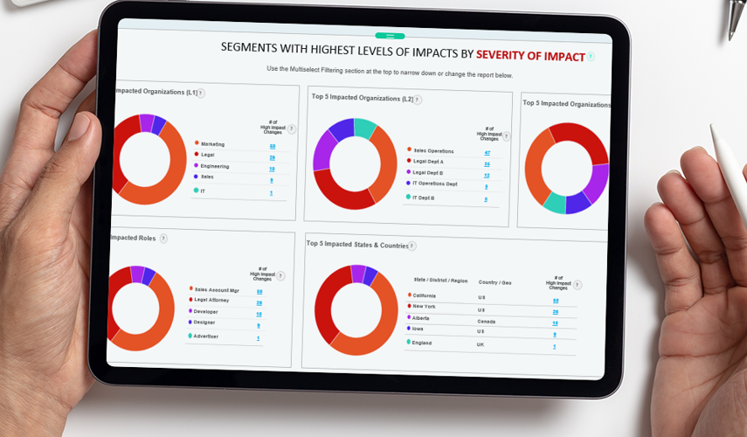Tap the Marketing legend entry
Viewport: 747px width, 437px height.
coord(213,144)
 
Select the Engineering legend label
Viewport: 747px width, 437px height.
coord(215,166)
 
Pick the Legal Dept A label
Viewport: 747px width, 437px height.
coord(428,162)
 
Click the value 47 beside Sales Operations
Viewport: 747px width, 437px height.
coord(487,152)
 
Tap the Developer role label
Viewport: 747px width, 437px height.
coord(206,311)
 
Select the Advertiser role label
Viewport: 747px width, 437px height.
coord(207,336)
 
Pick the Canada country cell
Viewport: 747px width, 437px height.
coord(488,321)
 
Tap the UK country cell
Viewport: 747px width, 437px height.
coord(481,344)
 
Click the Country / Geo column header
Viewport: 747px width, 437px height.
coord(495,281)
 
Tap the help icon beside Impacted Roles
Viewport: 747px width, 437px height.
coord(163,238)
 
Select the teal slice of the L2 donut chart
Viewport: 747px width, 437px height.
coord(365,128)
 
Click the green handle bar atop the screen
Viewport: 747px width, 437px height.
coord(384,36)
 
